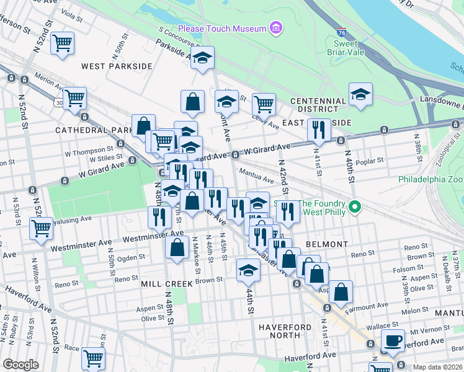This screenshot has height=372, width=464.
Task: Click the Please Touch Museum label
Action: point(221,29)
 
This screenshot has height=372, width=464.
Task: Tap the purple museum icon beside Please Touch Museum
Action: point(276,28)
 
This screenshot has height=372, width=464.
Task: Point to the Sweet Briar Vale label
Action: point(346,48)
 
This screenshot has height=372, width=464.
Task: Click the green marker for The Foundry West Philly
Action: point(354,207)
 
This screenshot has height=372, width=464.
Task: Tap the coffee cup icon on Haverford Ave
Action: point(392,340)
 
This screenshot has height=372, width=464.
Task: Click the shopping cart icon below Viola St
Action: point(63,43)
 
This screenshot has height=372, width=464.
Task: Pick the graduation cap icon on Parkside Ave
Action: point(202,58)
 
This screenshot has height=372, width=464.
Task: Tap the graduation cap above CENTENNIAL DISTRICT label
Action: point(360,94)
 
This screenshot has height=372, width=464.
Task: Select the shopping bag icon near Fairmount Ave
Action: point(341,291)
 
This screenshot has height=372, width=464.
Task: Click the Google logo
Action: point(20,365)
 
